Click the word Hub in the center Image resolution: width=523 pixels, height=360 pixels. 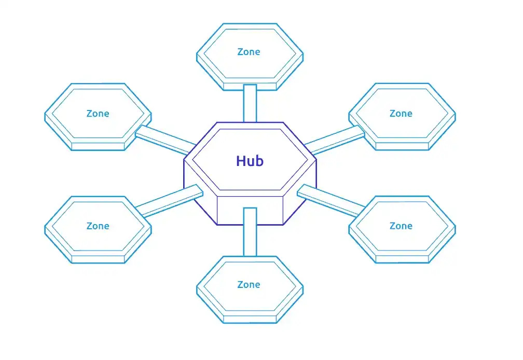[250, 161]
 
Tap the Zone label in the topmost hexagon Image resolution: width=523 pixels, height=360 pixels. [249, 52]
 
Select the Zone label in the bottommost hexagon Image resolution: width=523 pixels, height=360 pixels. [249, 285]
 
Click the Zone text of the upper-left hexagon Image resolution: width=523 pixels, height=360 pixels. [98, 114]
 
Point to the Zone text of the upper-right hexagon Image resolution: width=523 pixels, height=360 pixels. [401, 114]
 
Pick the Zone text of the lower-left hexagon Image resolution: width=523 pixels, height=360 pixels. [98, 226]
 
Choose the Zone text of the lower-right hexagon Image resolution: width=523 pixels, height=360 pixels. [401, 226]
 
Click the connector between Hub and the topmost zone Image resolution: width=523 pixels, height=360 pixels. [250, 104]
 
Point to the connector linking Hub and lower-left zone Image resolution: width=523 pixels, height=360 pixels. [169, 200]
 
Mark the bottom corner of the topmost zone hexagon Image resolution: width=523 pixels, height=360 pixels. [250, 89]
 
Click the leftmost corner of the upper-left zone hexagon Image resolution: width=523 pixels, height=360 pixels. [45, 117]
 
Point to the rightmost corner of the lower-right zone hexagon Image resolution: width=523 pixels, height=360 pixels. [455, 229]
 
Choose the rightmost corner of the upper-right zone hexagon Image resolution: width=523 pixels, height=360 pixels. [455, 117]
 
